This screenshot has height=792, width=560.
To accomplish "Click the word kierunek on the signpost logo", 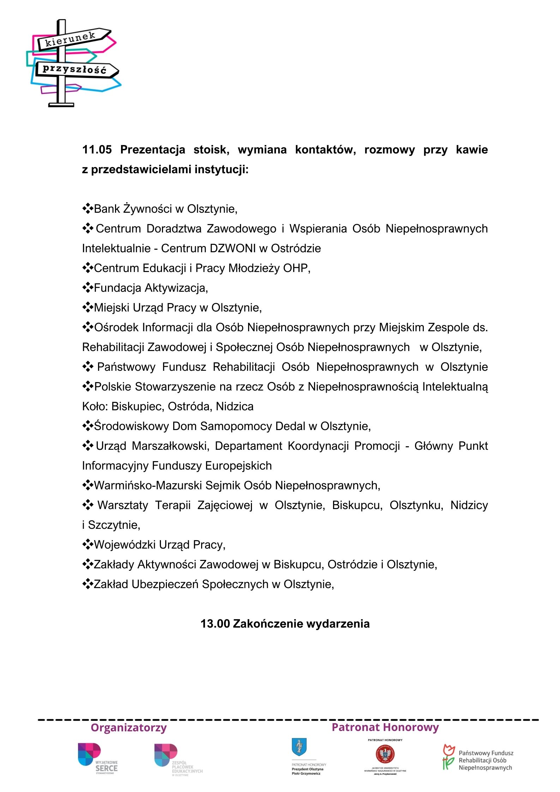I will [70, 39].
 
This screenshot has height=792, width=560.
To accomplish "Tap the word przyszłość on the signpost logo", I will [74, 69].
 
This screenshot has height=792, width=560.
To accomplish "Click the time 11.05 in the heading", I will [97, 150].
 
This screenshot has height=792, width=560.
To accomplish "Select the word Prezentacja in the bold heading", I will [152, 150].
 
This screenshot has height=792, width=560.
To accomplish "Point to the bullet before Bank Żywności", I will [87, 208].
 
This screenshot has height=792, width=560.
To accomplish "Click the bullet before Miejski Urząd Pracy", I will [87, 307].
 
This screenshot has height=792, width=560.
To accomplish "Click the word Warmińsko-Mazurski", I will [148, 485].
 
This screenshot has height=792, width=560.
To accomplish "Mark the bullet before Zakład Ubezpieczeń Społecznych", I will [87, 584].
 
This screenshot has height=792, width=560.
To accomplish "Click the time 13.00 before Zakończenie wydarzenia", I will [215, 624].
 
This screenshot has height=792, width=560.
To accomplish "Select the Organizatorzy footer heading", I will [128, 727].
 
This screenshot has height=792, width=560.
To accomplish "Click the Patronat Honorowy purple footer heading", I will [385, 727].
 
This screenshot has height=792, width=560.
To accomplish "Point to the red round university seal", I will [385, 754].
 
